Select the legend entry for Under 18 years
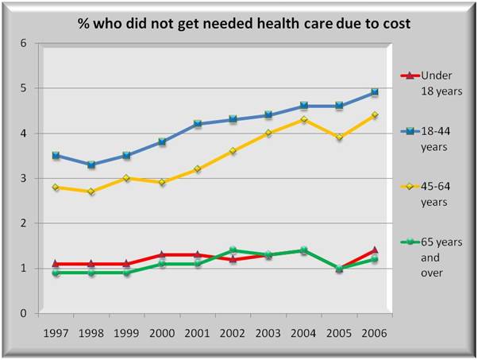[433, 83]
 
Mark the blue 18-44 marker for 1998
[91, 165]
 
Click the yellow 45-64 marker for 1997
[56, 187]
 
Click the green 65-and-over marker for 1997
[56, 273]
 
